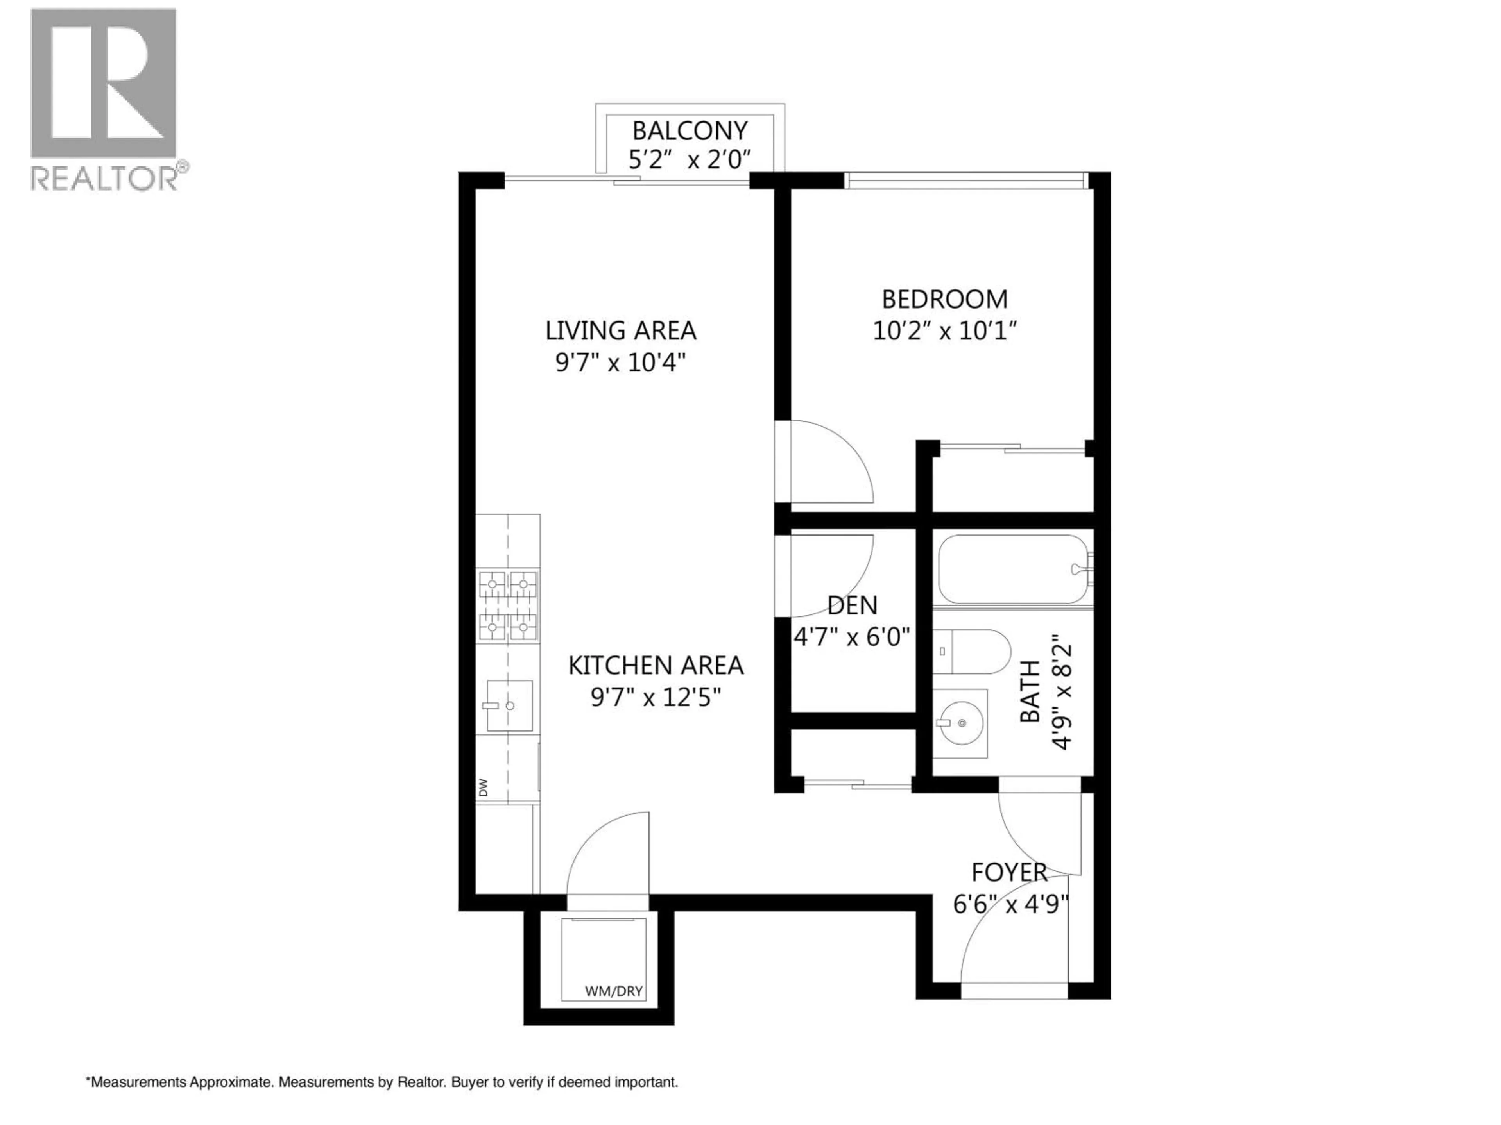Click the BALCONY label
click(x=690, y=130)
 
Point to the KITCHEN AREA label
click(x=656, y=665)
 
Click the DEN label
click(x=852, y=605)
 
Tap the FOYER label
click(x=1009, y=872)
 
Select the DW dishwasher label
click(x=483, y=787)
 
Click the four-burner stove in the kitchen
click(x=508, y=606)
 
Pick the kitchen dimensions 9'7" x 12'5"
click(x=656, y=697)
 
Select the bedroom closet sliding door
click(x=1012, y=448)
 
